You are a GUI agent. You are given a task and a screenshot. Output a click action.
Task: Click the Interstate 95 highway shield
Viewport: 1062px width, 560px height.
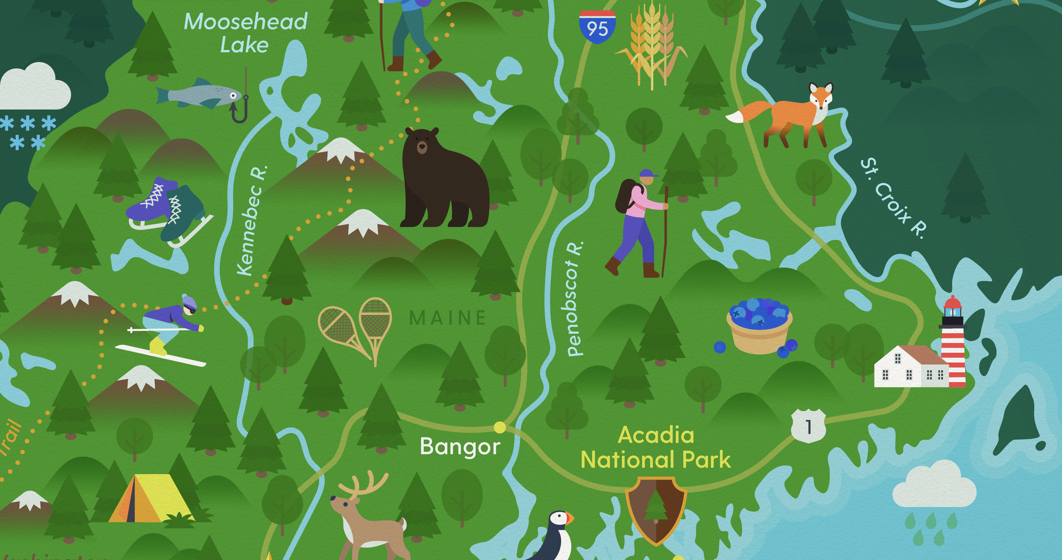point(597,27)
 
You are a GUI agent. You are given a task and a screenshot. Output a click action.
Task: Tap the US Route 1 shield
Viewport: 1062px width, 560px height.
point(808,426)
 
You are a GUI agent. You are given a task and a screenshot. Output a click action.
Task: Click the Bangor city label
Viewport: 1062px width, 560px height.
point(460,447)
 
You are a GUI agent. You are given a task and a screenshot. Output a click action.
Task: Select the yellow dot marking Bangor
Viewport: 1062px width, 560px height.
point(500,427)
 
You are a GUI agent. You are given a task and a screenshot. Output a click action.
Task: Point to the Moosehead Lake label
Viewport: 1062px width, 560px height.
point(245,33)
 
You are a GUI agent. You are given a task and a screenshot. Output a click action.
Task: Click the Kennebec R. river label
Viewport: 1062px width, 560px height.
point(252,221)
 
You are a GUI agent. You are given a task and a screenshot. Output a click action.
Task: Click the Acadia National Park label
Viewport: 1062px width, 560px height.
point(655,448)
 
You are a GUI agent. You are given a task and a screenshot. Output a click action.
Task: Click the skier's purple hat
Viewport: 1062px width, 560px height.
point(189,303)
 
